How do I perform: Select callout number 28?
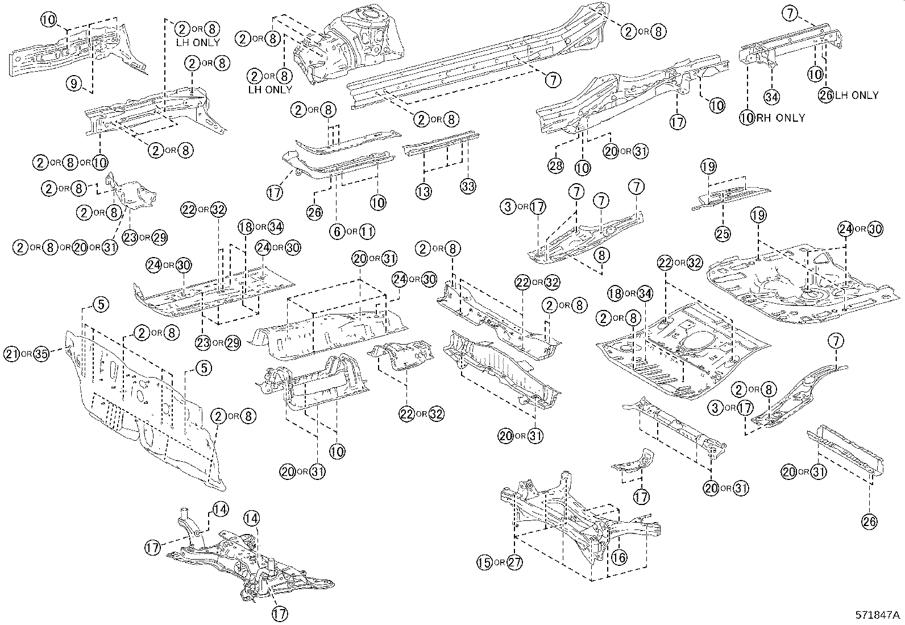tap(555, 165)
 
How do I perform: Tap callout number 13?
tap(423, 192)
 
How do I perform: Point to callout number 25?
tap(723, 233)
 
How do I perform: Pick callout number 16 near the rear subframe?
tap(619, 557)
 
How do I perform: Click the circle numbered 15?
tap(484, 562)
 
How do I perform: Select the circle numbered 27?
tap(514, 562)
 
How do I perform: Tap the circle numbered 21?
tap(11, 353)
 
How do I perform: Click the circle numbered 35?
tap(41, 353)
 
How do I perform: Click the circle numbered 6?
tap(337, 231)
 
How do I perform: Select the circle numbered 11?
tap(367, 231)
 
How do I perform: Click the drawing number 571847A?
tap(878, 615)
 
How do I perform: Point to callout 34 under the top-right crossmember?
tap(771, 97)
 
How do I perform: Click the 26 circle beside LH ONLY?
tap(827, 95)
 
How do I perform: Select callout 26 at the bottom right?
tap(870, 520)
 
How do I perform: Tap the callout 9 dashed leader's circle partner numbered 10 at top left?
tap(49, 20)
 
